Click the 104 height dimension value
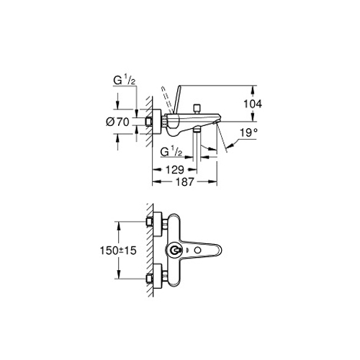click(x=253, y=104)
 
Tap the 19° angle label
click(x=248, y=132)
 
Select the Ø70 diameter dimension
click(x=117, y=122)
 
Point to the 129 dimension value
click(x=175, y=170)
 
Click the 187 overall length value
click(x=185, y=182)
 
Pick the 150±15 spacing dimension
click(x=118, y=251)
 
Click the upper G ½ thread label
click(x=125, y=81)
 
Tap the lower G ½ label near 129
click(x=171, y=152)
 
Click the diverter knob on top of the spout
click(x=197, y=109)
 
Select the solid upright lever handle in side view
click(x=176, y=99)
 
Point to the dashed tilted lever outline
click(x=167, y=99)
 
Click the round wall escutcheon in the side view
click(x=156, y=122)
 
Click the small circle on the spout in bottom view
click(x=197, y=251)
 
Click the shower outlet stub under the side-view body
click(x=197, y=130)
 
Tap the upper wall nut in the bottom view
click(x=149, y=222)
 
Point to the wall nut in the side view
click(x=149, y=122)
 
